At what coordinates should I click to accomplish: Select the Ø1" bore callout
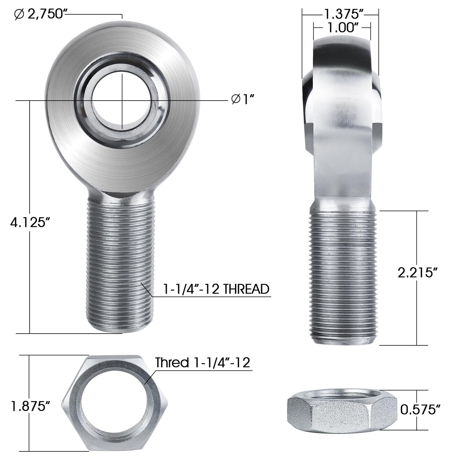pyautogui.click(x=244, y=100)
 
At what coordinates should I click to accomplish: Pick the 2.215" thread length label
pyautogui.click(x=417, y=273)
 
